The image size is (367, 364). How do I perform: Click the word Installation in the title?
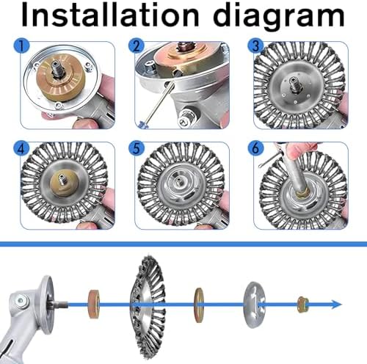[x=110, y=15]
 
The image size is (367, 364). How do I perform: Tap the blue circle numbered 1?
[x=21, y=45]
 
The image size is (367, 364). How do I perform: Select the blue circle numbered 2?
[x=137, y=45]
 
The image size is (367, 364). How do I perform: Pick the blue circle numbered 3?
[x=255, y=45]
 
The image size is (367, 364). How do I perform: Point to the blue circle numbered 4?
[x=21, y=148]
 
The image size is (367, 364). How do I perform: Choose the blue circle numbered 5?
[x=137, y=148]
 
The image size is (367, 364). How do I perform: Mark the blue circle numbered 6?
[x=255, y=148]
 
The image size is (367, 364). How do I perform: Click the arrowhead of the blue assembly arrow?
[x=336, y=305]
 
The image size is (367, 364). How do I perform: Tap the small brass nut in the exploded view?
[x=302, y=305]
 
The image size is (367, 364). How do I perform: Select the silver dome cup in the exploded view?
[x=254, y=305]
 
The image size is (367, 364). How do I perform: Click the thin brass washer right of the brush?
[x=198, y=305]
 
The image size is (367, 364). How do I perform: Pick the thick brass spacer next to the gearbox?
[x=94, y=305]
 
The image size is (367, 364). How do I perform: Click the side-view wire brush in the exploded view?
[x=148, y=305]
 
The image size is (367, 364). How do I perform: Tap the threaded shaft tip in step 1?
[x=57, y=71]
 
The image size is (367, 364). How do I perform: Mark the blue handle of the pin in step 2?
[x=142, y=125]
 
